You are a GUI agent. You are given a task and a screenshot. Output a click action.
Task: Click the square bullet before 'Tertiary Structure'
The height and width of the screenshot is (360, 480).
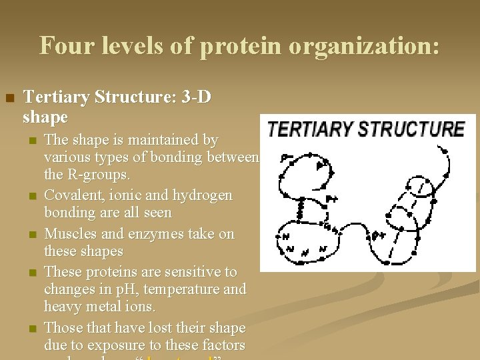tap(9, 99)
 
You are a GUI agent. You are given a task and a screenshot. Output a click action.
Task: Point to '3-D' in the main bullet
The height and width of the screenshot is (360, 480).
tap(191, 97)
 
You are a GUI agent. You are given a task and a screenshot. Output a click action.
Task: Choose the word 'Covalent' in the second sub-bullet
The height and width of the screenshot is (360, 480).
tap(71, 195)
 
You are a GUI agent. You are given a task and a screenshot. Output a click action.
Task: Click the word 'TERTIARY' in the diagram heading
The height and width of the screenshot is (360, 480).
tap(310, 129)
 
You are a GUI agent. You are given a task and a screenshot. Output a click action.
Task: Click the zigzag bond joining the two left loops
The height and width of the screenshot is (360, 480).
tap(300, 211)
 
